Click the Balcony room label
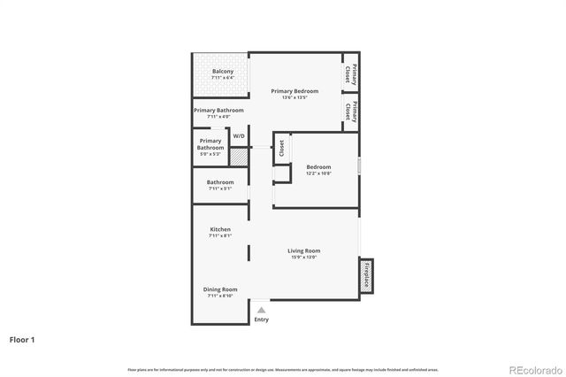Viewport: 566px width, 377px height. point(222,71)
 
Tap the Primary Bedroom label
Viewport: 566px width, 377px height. point(294,91)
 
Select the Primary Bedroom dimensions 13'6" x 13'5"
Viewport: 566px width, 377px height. point(294,97)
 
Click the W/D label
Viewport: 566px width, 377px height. point(239,136)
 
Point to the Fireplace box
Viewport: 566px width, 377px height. point(366,276)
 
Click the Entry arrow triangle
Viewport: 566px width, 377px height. point(261,310)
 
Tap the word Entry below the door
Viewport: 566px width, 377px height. point(261,319)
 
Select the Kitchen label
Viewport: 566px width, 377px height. point(220,229)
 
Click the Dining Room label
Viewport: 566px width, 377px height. point(220,289)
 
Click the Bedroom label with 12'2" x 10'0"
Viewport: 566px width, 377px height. point(318,167)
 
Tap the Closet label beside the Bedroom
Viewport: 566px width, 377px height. point(281,149)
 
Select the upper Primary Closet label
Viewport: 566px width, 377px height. point(351,74)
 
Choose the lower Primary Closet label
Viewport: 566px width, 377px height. point(351,112)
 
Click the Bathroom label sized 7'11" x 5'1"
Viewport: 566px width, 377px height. point(220,182)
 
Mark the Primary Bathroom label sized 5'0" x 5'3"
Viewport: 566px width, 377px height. point(210,144)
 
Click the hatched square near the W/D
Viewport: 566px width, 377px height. point(238,156)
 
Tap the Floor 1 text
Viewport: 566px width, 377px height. point(22,339)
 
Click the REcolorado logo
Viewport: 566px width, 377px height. point(532,369)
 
